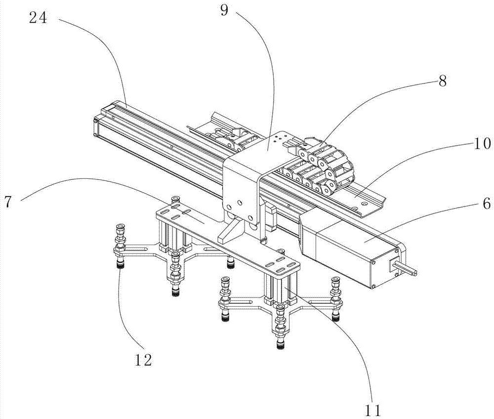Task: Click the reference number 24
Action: [38, 18]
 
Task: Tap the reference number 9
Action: [224, 11]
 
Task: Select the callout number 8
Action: [442, 81]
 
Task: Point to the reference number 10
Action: [482, 144]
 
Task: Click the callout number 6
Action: [486, 204]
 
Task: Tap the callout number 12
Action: [143, 359]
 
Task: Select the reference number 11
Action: [373, 410]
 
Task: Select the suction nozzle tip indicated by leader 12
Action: [120, 265]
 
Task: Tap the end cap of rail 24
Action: [96, 127]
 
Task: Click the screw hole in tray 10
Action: [365, 204]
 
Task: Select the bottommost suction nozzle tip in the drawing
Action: [280, 345]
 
